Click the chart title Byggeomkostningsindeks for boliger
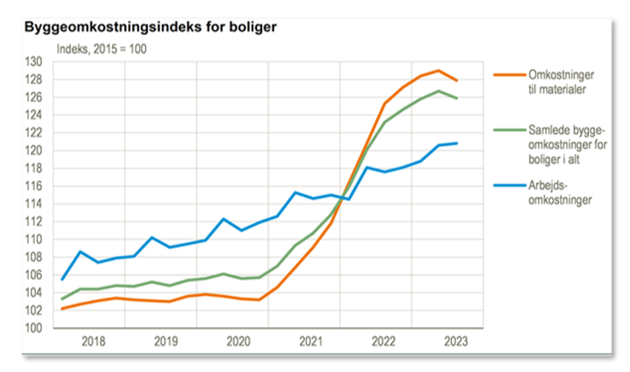coord(150,28)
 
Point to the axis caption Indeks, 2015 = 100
coord(101,49)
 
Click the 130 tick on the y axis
coord(34,62)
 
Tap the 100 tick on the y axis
coord(34,328)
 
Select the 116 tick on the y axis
coord(34,186)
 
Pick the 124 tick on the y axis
coord(34,115)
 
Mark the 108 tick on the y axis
coord(34,257)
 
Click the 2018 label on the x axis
coord(94,342)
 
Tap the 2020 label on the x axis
coord(238,342)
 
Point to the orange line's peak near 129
coord(438,70)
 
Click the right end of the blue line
coord(457,143)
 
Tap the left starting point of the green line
coord(62,299)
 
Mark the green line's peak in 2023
coord(438,91)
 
